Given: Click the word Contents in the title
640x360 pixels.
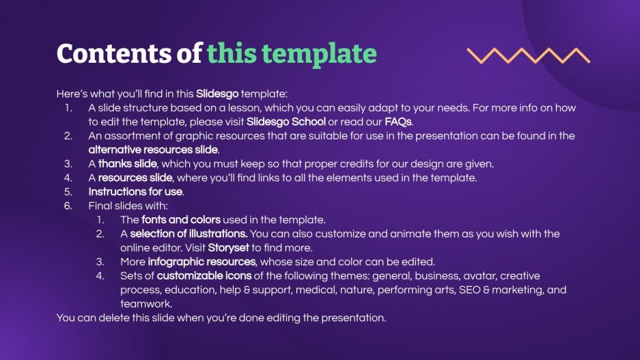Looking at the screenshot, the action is (x=115, y=53).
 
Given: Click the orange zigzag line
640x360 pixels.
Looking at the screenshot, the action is (x=529, y=55).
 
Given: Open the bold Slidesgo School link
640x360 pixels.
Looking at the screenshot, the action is (x=286, y=122).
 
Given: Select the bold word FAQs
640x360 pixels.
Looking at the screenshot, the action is (x=398, y=122).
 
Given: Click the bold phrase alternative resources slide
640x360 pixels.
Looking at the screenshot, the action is (x=153, y=150).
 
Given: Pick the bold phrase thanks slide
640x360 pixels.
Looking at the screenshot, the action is (x=127, y=164).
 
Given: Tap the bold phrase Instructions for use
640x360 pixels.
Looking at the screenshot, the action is (x=135, y=192).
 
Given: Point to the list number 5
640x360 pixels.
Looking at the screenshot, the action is (x=68, y=192).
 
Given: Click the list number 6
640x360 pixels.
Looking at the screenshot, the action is (x=68, y=206).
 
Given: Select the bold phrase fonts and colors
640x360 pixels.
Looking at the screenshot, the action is (x=181, y=219).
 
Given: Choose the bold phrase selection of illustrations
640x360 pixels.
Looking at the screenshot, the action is (x=189, y=234).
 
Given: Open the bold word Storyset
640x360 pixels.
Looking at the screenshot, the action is (x=229, y=248).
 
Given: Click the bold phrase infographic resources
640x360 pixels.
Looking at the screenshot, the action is (x=201, y=262).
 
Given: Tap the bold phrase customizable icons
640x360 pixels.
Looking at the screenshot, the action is (x=204, y=276).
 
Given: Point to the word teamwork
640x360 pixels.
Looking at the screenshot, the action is (x=146, y=304).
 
